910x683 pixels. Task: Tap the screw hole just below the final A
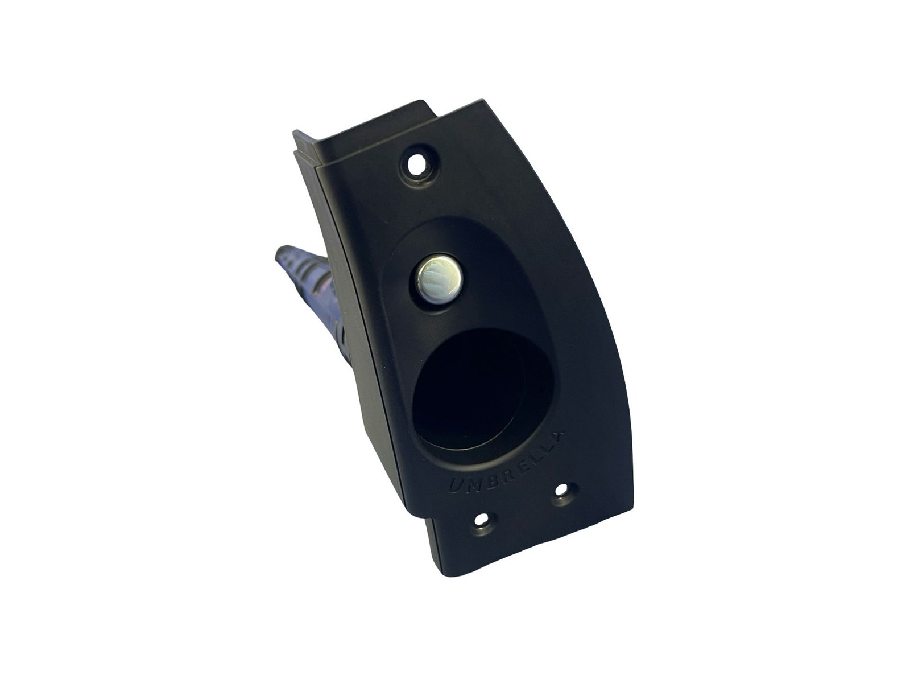(561, 491)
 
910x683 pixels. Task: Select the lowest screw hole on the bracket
(482, 519)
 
